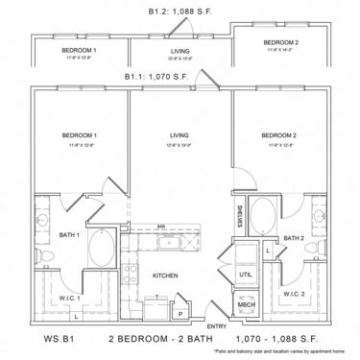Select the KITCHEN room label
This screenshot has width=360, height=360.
[166, 276]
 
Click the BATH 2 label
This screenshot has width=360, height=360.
[293, 237]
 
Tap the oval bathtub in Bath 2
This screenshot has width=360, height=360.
[261, 212]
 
